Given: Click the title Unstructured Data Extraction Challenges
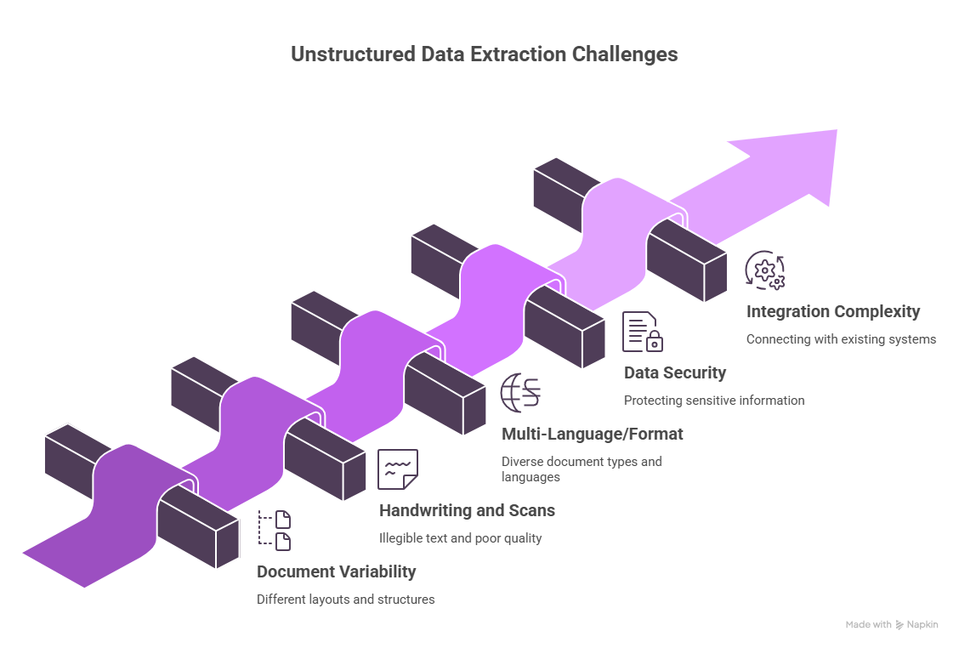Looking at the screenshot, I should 484,54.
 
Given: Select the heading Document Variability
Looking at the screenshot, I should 337,571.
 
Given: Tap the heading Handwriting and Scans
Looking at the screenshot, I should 467,510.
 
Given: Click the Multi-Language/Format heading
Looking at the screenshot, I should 592,434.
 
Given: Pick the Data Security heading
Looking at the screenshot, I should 675,372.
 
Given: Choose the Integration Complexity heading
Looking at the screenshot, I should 833,311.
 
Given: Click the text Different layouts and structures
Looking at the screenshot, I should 345,600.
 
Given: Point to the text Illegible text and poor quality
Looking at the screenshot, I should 460,538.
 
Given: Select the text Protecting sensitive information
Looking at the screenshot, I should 714,401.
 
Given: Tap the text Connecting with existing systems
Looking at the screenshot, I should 841,339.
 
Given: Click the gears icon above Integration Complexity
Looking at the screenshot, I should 764,270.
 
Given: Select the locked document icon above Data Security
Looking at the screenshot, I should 642,332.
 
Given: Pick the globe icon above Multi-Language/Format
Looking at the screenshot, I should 520,393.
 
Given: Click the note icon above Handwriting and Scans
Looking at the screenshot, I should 398,469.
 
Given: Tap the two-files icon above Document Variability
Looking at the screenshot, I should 275,531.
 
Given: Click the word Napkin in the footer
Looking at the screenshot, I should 922,625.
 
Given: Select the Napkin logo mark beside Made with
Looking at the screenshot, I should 900,625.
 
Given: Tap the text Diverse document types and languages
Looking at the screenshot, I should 582,469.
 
